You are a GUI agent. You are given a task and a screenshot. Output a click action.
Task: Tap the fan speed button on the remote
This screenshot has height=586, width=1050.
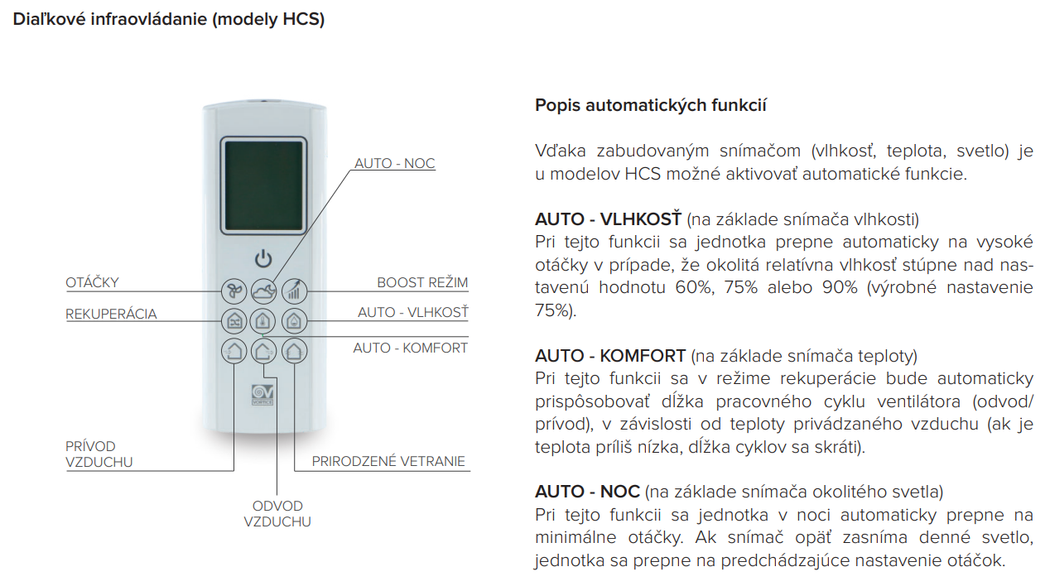coord(234,291)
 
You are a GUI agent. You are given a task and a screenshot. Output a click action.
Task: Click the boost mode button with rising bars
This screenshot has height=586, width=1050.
coord(294,291)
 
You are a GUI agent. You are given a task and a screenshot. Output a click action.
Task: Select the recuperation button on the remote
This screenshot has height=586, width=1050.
coord(234,321)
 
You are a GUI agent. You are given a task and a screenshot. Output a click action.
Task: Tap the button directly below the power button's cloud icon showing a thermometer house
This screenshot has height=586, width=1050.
coord(263,321)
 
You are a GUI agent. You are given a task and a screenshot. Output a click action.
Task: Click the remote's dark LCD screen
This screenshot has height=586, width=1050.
coord(264,185)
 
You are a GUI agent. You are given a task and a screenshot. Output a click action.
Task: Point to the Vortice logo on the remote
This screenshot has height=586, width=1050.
coord(262,395)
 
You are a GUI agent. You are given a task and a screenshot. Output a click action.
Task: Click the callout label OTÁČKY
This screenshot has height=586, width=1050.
coord(93,282)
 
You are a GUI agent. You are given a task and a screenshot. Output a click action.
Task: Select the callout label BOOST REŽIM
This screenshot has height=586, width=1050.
coord(422,282)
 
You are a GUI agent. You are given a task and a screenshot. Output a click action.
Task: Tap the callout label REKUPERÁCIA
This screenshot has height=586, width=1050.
coord(111,314)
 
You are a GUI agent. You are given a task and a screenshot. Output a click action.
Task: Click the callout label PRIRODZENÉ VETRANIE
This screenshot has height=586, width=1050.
coord(388,461)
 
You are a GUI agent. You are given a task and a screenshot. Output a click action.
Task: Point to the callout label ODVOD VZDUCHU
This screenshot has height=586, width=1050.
coord(277,514)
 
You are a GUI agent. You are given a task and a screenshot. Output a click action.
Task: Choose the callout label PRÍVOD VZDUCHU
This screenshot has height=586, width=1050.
coord(99,454)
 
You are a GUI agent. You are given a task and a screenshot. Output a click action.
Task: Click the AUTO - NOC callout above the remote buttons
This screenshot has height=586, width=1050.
coord(395,163)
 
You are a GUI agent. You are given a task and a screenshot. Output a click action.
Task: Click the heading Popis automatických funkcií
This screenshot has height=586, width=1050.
coord(651,105)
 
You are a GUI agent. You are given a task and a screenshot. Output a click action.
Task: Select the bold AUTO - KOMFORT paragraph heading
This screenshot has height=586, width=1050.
coord(610,356)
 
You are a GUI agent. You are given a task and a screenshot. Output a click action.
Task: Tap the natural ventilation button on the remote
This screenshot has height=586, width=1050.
coord(294,351)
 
